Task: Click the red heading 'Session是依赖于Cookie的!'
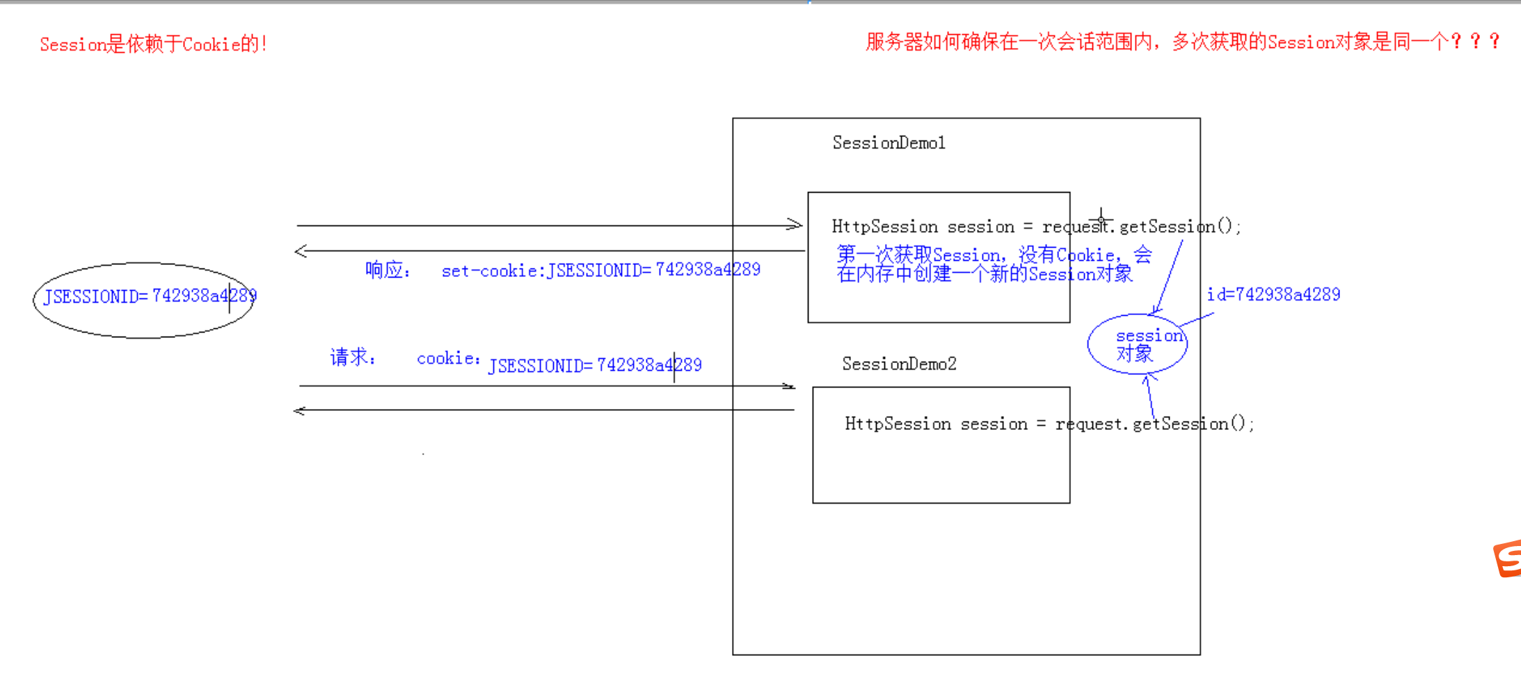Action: click(153, 45)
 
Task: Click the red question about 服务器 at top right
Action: click(1181, 42)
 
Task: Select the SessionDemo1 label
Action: click(889, 143)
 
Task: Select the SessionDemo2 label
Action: click(899, 364)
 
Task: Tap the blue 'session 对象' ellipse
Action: click(1137, 344)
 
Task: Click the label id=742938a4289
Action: click(1273, 295)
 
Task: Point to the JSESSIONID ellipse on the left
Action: click(144, 300)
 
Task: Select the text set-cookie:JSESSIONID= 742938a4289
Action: click(600, 270)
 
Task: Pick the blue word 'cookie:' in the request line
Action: click(448, 358)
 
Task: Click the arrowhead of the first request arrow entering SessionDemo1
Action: click(795, 225)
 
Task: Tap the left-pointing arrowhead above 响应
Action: click(301, 251)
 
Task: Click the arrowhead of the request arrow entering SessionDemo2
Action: click(788, 386)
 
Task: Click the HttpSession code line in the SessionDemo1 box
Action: click(1036, 227)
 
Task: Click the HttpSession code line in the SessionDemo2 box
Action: click(1049, 424)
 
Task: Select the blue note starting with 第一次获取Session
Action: click(994, 264)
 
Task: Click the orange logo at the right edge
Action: click(1508, 559)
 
